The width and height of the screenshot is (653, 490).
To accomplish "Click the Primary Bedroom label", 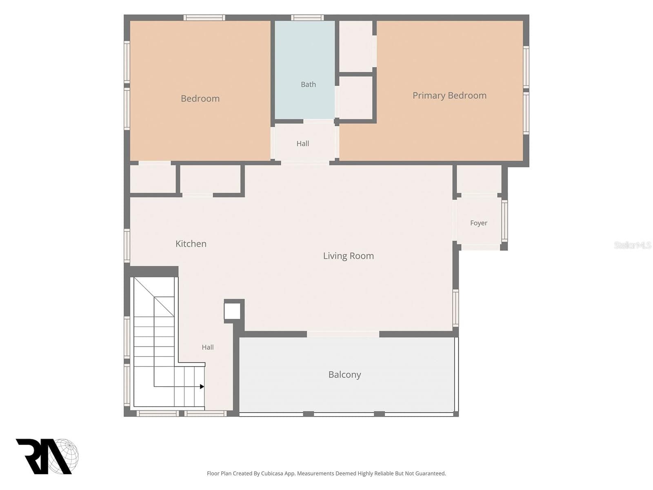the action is point(449,96).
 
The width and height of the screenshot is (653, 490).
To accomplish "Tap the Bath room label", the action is point(308,85).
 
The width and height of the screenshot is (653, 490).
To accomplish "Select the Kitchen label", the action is point(191,244).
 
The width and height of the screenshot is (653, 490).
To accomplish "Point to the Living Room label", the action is point(349,256).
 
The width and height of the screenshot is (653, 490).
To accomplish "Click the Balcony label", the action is point(344,374).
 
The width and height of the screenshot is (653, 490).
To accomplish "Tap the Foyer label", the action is point(478,223).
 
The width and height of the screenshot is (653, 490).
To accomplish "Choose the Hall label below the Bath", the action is point(302,144).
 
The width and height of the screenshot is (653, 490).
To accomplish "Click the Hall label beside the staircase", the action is point(208,347).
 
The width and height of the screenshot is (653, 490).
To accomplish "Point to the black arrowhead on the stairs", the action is point(202,386).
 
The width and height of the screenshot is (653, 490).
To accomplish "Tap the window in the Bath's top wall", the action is point(307,18).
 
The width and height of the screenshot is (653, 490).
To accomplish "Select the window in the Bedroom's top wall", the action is point(204,18).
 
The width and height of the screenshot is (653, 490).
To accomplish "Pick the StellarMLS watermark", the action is point(633,245).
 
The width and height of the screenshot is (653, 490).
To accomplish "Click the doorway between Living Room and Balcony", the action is point(343,334).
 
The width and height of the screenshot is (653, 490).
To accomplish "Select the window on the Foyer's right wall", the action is point(504,220).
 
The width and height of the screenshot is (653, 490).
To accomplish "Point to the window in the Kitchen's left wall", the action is point(127,246).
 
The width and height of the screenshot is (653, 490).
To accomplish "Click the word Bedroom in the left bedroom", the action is point(200,98).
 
